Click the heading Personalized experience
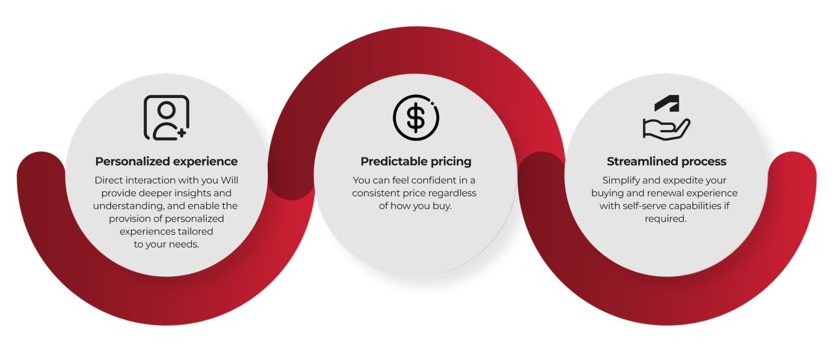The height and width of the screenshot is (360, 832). point(166,161)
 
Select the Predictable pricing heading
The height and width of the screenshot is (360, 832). point(416,161)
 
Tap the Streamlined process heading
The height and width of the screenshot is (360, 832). point(666,161)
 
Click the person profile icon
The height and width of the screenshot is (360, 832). point(165,118)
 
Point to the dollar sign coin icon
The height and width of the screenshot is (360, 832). point(416,118)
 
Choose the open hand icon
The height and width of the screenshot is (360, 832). point(665,127)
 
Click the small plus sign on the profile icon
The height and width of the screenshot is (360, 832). point(181,133)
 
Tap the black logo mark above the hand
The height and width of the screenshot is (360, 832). point(666,103)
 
